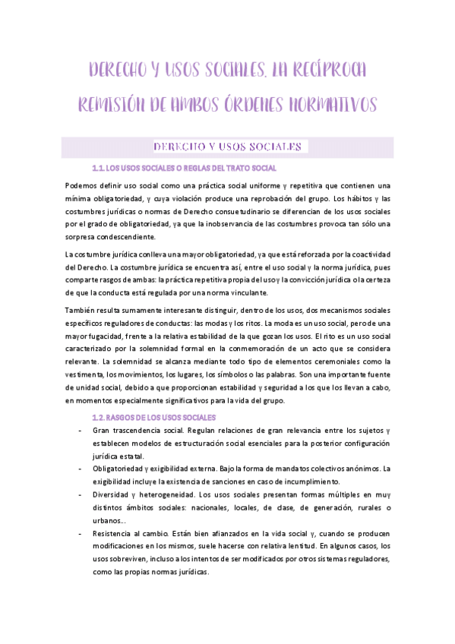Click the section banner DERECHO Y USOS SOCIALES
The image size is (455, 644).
227,147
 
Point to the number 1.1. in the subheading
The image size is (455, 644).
96,168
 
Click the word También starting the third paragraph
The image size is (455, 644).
83,311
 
